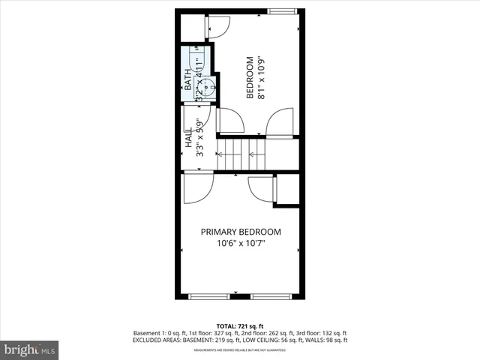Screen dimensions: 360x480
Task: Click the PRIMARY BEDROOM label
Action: coord(240,232)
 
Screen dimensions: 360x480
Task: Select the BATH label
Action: coord(188,81)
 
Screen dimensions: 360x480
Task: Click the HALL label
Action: coord(188,139)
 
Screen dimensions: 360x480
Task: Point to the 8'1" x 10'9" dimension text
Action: coord(261,77)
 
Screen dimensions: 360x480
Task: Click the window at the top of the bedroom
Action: coord(282,10)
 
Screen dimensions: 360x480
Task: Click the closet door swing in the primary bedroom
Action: coord(262,187)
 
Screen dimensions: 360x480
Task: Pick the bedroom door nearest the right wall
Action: coord(282,122)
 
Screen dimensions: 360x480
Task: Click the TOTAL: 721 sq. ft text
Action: coord(239,325)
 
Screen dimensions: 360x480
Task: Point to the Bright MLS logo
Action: coord(30,349)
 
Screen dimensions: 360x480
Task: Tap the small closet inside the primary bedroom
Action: coord(288,190)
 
